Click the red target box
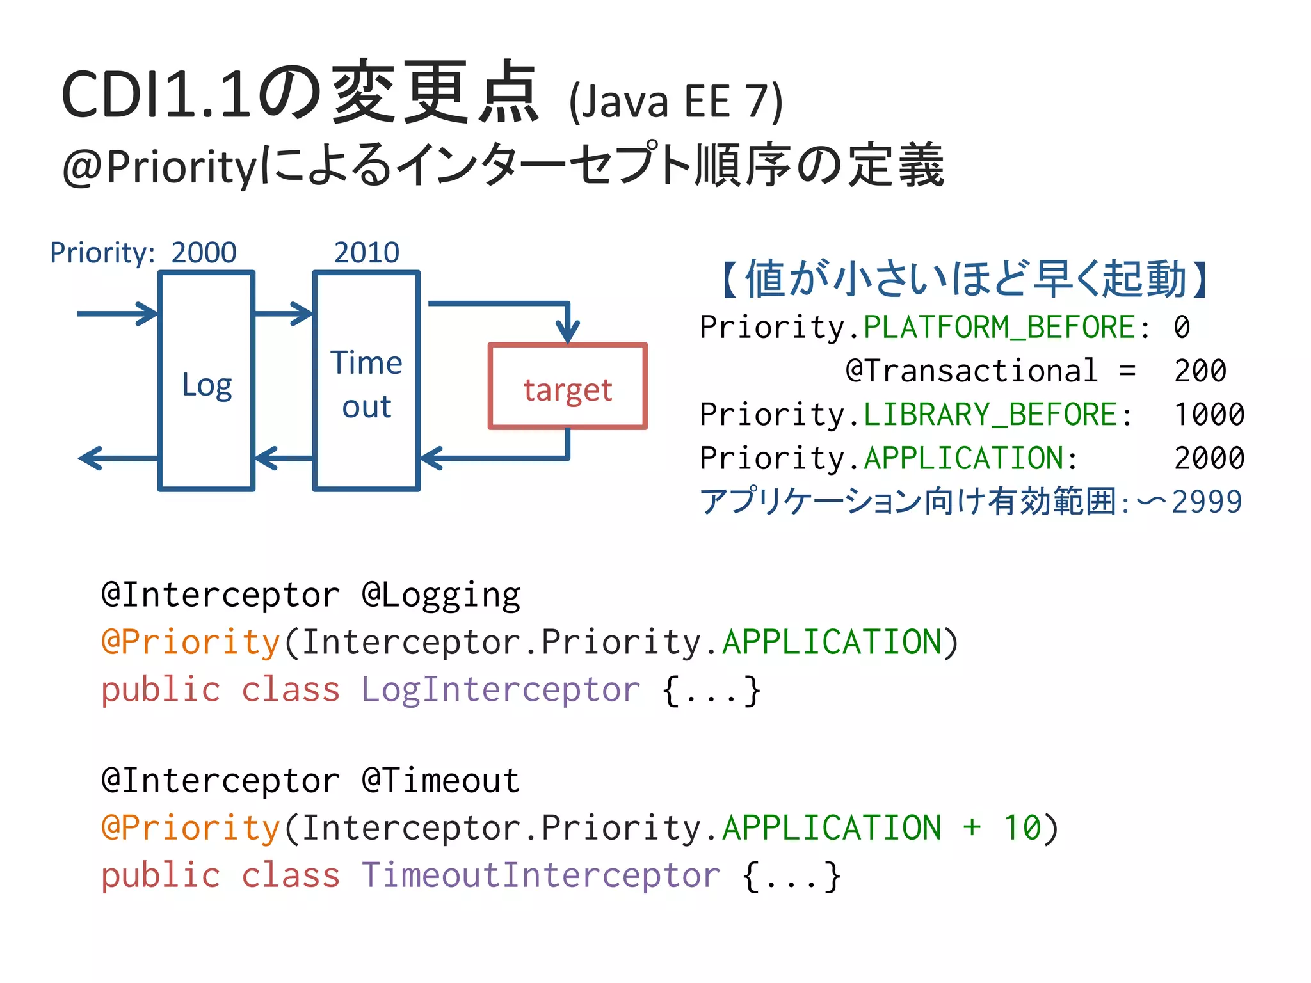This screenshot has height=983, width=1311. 568,387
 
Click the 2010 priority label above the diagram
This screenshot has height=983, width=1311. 367,253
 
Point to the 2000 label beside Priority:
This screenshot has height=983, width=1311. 204,253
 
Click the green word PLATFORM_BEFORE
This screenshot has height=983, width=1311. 999,328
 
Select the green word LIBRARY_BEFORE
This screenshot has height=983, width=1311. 990,415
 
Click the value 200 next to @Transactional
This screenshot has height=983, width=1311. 1200,371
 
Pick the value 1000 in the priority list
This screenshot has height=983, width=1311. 1209,415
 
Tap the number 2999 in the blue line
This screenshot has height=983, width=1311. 1207,502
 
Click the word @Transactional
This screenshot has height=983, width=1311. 971,371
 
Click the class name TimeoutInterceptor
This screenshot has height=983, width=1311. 541,875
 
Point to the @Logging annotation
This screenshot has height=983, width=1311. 441,595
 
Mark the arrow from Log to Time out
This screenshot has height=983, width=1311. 284,314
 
